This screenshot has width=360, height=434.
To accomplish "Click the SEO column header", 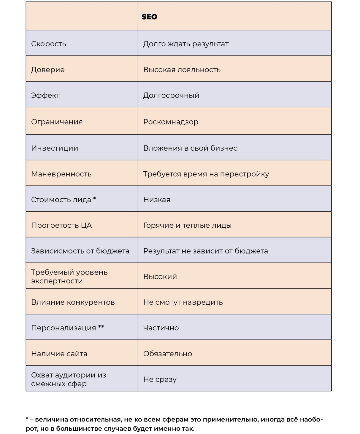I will (x=149, y=17).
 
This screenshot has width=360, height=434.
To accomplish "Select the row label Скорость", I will (x=49, y=44).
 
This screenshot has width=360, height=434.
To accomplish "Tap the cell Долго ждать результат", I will (x=186, y=44).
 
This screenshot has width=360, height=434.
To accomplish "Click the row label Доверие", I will (x=48, y=70).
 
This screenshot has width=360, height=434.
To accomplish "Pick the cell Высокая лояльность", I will (x=182, y=70).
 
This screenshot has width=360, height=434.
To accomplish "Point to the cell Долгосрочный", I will (x=171, y=95).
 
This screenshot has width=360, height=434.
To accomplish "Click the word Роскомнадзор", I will (x=171, y=122).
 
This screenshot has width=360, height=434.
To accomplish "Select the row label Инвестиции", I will (x=55, y=148).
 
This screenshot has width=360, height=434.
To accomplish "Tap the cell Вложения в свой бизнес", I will (x=190, y=148).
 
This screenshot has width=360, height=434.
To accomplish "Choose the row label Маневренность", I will (x=61, y=174).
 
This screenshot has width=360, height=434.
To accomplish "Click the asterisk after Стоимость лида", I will (x=95, y=199).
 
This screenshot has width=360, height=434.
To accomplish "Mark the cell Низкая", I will (x=157, y=200).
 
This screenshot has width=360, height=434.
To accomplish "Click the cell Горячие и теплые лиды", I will (x=187, y=225).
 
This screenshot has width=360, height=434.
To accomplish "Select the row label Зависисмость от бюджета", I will (x=80, y=251).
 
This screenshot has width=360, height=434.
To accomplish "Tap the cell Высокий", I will (x=160, y=277).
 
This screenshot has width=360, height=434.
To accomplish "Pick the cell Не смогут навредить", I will (x=183, y=302).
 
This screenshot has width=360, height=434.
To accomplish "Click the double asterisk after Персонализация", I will (x=101, y=327).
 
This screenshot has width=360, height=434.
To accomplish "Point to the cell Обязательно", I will (x=167, y=354).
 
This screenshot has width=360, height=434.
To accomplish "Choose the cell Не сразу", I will (x=160, y=379).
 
